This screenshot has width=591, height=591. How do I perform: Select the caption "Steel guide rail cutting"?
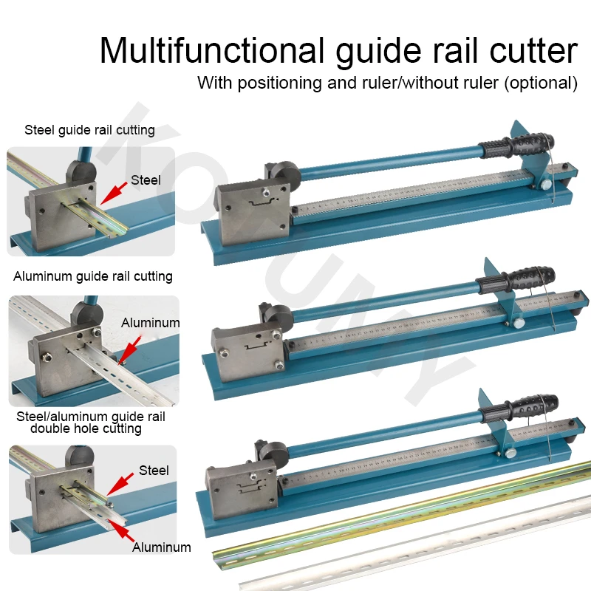tap(89, 130)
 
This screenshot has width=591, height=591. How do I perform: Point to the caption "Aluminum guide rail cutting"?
tap(93, 276)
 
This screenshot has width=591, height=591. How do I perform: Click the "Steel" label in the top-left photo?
tap(146, 180)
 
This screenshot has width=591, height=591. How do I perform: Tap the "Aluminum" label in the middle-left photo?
tap(150, 323)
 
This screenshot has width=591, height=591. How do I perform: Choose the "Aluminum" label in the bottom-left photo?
tap(161, 547)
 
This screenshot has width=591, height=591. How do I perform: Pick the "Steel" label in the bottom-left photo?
tap(154, 471)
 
